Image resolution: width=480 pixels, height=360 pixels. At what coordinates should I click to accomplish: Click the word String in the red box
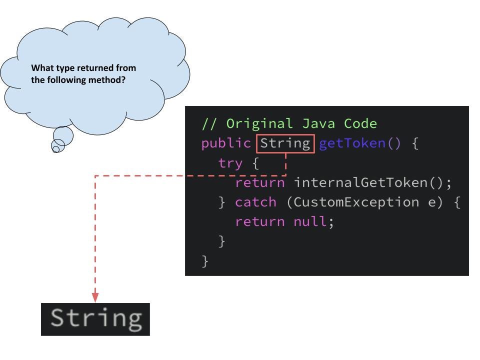pos(285,143)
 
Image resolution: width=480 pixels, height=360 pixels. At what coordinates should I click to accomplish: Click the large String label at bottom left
pos(95,318)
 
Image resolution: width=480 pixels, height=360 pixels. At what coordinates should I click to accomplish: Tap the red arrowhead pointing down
pos(95,297)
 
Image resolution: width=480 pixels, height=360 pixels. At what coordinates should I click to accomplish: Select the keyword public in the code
pos(226,143)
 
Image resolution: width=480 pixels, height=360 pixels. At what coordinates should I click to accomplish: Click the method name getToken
pos(352,143)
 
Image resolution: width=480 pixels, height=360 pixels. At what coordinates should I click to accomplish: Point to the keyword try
pos(230,163)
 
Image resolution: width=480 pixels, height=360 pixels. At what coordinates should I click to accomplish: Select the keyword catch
pos(255,202)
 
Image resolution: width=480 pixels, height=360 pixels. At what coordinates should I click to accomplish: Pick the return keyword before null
pos(259,221)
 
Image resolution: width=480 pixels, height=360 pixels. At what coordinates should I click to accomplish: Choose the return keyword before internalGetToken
pos(259,182)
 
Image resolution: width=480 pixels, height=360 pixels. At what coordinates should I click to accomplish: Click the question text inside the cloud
pos(83,73)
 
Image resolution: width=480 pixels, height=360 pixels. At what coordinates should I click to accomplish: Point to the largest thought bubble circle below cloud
pos(63,135)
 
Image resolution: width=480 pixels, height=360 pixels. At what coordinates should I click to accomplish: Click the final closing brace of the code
pos(205,260)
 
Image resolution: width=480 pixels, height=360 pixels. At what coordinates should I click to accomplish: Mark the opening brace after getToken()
pos(414,144)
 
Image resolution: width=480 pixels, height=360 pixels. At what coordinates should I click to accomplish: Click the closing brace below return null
pos(222,241)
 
